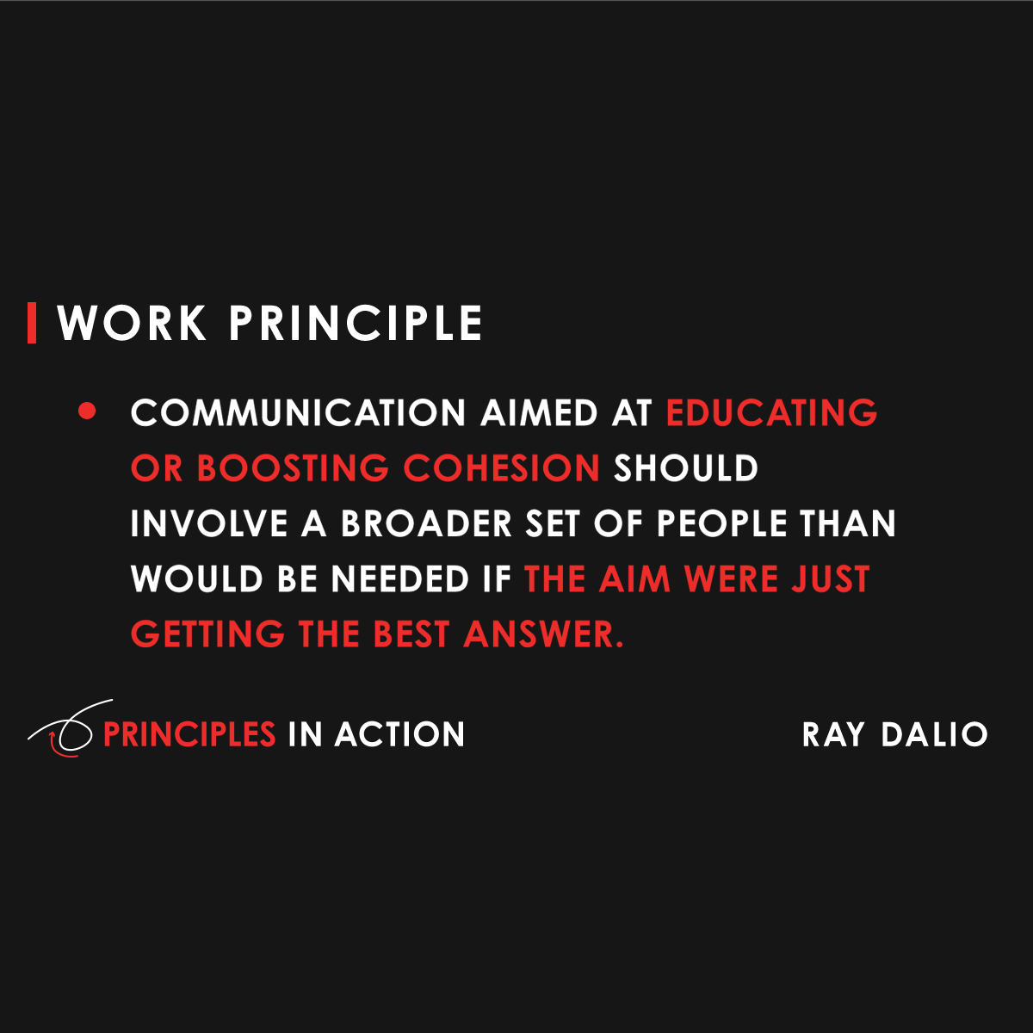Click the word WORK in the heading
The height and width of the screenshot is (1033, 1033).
click(x=132, y=324)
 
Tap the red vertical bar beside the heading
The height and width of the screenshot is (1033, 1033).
click(x=32, y=323)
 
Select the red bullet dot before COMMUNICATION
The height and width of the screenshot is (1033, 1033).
click(x=87, y=411)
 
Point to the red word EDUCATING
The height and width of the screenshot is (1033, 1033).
click(x=771, y=413)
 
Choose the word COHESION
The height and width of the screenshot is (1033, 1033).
click(x=502, y=468)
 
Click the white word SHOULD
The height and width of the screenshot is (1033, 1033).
click(x=685, y=468)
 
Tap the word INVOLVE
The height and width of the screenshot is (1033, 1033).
click(x=209, y=524)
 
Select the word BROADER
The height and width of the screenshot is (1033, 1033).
click(x=426, y=524)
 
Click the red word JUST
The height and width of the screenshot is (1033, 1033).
click(x=831, y=579)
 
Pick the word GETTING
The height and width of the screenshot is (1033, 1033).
click(x=207, y=635)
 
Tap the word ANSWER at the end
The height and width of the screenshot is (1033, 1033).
click(x=542, y=635)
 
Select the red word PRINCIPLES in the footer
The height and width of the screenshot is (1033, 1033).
click(x=189, y=734)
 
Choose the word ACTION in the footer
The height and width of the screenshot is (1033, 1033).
click(x=399, y=734)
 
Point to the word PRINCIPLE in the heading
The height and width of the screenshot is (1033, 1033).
click(x=356, y=324)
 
